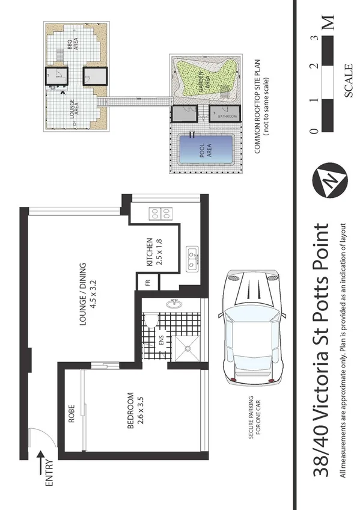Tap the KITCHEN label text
point(150,252)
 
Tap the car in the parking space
point(251,328)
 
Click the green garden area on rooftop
point(204,79)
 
